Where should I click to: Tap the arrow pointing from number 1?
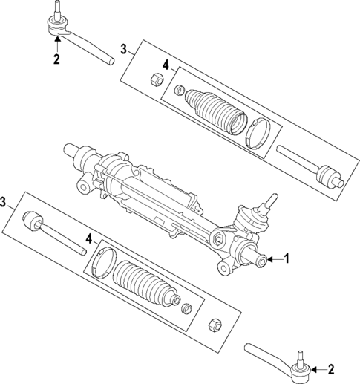coord(275,259)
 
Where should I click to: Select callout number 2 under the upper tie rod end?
coord(56,59)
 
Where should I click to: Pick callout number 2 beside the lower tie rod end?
coord(331,369)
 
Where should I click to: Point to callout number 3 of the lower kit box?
coord(5,201)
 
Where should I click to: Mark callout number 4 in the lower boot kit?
coord(88,239)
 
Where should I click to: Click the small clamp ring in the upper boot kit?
coord(179,91)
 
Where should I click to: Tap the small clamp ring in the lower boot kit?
coord(186,307)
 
